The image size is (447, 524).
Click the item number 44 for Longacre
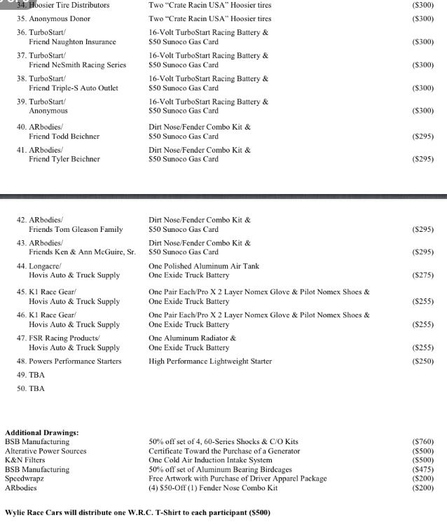(x=21, y=266)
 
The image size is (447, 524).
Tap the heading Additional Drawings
(x=42, y=433)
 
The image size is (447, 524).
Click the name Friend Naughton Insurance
(x=72, y=42)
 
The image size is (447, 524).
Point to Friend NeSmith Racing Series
(x=77, y=65)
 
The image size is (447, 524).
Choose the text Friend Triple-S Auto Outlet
(x=74, y=88)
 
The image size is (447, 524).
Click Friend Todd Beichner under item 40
(x=64, y=137)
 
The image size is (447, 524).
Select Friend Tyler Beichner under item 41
(x=64, y=159)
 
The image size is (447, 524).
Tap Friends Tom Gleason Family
(x=76, y=229)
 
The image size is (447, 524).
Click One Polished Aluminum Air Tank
(x=204, y=266)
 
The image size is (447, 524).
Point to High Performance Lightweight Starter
(x=210, y=361)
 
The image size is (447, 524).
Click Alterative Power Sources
(x=46, y=451)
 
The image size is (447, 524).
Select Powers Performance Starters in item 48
(x=75, y=361)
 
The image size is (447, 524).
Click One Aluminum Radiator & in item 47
(x=193, y=338)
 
